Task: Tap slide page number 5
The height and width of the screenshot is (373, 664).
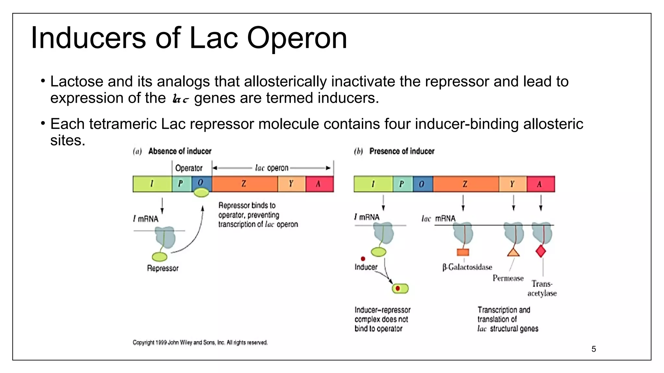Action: pos(594,349)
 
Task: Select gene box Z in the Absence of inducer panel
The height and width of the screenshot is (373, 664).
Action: pos(244,184)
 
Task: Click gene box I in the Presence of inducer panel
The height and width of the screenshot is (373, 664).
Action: pos(373,184)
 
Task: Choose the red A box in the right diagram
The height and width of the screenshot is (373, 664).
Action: pos(540,184)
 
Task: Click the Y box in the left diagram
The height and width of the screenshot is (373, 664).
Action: pos(291,184)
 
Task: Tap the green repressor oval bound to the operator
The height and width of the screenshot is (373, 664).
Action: pos(201,193)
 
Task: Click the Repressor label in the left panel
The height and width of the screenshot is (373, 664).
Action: pos(163,268)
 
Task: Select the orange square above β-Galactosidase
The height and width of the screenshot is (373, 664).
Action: pos(463,252)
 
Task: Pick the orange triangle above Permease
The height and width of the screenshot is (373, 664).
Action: pos(513,252)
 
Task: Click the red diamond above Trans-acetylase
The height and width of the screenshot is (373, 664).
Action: pos(541,251)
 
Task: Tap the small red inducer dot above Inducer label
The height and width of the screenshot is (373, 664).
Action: pos(363,259)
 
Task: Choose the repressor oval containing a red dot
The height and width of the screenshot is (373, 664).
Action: pos(400,288)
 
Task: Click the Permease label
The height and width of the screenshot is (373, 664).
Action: pos(508,278)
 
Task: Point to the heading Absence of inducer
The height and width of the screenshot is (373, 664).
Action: pos(180,151)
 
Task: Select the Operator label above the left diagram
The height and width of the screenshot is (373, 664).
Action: pos(189,168)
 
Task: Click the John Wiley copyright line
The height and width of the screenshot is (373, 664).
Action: pos(200,343)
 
